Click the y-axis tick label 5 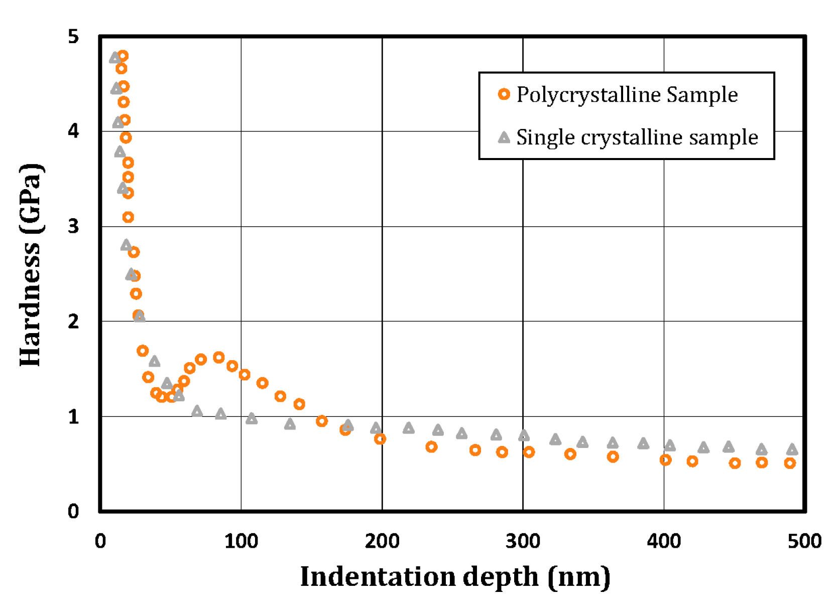(x=73, y=37)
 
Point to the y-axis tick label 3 (x=73, y=226)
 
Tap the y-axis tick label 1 (x=73, y=416)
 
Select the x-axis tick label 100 (x=241, y=541)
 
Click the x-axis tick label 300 (x=523, y=541)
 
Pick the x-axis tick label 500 (x=804, y=541)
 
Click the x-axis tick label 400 (x=664, y=541)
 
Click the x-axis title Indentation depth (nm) (x=455, y=576)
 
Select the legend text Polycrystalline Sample (x=627, y=94)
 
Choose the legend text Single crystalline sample (x=637, y=137)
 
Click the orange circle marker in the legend (x=504, y=94)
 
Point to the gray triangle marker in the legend (x=504, y=137)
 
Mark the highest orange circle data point (x=123, y=56)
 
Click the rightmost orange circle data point (x=790, y=463)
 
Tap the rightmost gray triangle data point (x=792, y=449)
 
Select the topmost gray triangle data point (x=115, y=58)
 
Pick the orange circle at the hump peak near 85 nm (x=218, y=358)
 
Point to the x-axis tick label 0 (x=100, y=541)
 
